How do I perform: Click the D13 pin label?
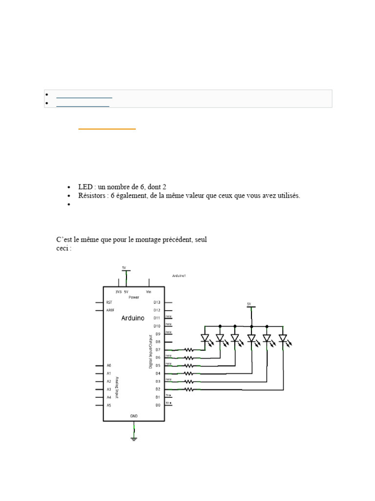coord(157,302)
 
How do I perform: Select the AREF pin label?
coord(110,310)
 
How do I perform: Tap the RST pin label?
coord(109,302)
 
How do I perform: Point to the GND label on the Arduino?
coord(134,416)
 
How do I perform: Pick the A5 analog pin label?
coord(109,405)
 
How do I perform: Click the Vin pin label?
coord(149,291)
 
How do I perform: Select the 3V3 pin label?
coord(118,291)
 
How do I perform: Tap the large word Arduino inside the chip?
coord(133,318)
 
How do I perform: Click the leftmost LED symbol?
coord(205,338)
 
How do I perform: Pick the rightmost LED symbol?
coord(283,338)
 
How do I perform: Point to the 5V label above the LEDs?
coord(249,304)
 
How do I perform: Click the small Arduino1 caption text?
coord(179,276)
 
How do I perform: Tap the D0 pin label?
coord(157,405)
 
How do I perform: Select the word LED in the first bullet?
coord(85,187)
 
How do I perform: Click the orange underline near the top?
coord(107,129)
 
